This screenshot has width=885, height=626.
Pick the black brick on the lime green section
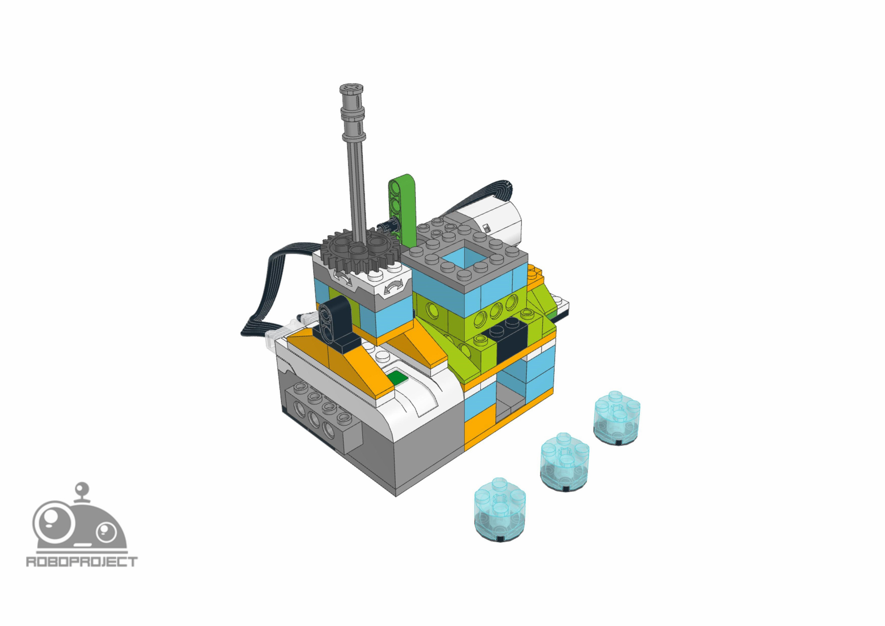506,339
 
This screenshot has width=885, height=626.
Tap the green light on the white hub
398,378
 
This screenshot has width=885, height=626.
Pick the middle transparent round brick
564,462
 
